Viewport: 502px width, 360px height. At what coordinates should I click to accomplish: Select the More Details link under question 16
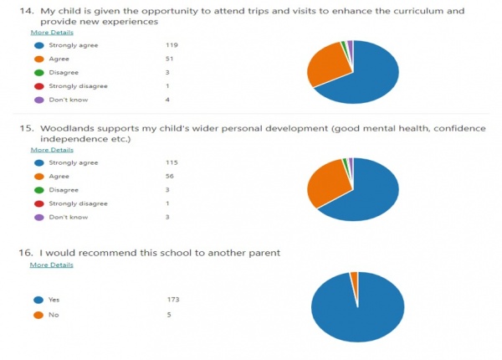pyautogui.click(x=52, y=265)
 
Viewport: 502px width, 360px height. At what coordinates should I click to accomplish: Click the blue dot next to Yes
pyautogui.click(x=37, y=299)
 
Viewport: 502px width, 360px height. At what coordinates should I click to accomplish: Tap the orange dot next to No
pyautogui.click(x=37, y=314)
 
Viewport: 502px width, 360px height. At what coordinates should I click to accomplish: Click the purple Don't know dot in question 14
pyautogui.click(x=37, y=100)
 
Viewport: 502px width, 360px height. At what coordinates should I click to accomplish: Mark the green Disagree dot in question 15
pyautogui.click(x=37, y=190)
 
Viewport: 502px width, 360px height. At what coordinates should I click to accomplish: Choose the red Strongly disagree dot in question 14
pyautogui.click(x=37, y=86)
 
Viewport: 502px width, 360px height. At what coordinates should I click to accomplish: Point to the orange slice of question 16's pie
pyautogui.click(x=355, y=276)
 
